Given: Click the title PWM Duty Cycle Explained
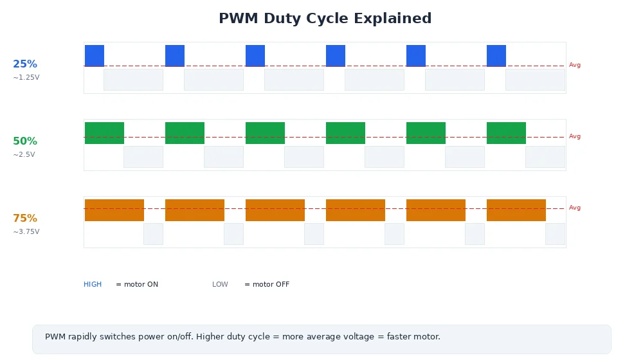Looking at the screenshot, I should pyautogui.click(x=325, y=19).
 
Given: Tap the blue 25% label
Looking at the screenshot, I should pyautogui.click(x=25, y=64).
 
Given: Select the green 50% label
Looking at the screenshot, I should pyautogui.click(x=25, y=141).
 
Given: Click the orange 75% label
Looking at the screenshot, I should pyautogui.click(x=25, y=219).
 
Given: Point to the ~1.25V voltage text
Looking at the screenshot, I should pyautogui.click(x=26, y=78).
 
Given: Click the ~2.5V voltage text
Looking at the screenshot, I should pyautogui.click(x=24, y=155).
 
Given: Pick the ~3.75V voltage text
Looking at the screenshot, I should pyautogui.click(x=26, y=232).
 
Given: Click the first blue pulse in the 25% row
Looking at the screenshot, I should pyautogui.click(x=95, y=56).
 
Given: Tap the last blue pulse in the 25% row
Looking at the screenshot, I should pyautogui.click(x=496, y=56).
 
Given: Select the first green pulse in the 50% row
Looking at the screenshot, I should pyautogui.click(x=104, y=133).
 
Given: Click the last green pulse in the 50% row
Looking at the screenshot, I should pyautogui.click(x=506, y=133).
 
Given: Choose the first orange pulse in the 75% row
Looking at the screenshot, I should pyautogui.click(x=114, y=210).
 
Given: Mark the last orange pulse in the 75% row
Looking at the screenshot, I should pyautogui.click(x=516, y=210).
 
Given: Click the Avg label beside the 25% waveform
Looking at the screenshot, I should pyautogui.click(x=575, y=65).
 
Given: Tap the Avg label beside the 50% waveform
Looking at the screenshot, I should pyautogui.click(x=575, y=136).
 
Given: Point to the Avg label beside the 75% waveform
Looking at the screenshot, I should pyautogui.click(x=575, y=208).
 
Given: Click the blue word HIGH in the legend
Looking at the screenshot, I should pyautogui.click(x=93, y=285).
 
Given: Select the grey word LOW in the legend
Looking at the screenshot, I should pyautogui.click(x=220, y=285).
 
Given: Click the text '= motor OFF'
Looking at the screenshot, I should pyautogui.click(x=267, y=285).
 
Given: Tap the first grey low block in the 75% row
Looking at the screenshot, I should pyautogui.click(x=153, y=234).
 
